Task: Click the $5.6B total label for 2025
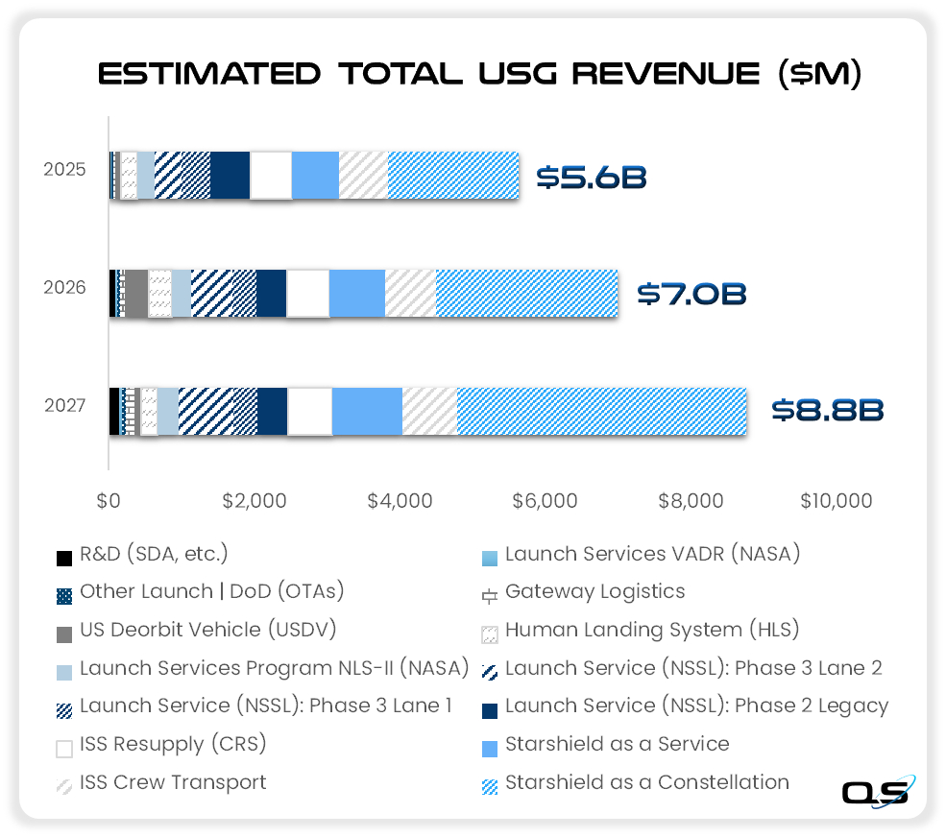(x=591, y=177)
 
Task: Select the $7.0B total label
(x=692, y=293)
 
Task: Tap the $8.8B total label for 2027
(x=828, y=410)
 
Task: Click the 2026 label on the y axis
(x=64, y=287)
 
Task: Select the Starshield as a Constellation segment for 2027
(x=601, y=411)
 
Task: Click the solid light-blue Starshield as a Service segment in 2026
(x=356, y=293)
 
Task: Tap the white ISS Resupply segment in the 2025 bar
(x=270, y=176)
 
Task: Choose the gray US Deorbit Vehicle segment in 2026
(x=135, y=293)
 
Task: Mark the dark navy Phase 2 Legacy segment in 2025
(x=230, y=176)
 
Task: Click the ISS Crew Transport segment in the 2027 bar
(x=429, y=411)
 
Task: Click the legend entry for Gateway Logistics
(x=594, y=592)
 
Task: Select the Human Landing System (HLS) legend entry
(x=651, y=631)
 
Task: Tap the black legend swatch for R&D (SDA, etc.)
(x=64, y=558)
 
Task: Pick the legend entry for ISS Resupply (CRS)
(x=173, y=745)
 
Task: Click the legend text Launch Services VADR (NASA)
(x=652, y=554)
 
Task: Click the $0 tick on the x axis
(x=109, y=500)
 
